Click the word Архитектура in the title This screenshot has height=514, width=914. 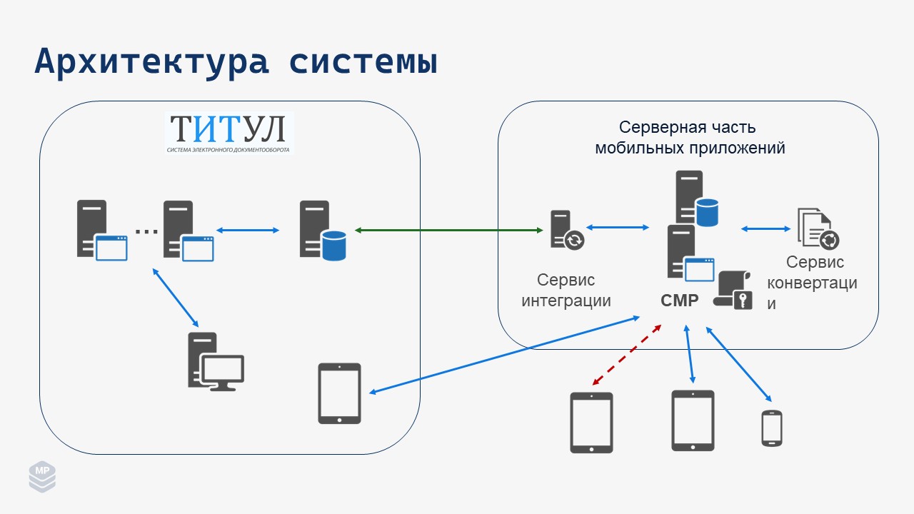(151, 61)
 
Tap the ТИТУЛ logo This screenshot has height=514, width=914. (228, 133)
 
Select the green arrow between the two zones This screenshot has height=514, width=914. (448, 230)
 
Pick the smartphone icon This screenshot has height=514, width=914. (772, 428)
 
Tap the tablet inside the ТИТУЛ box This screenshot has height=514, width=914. (339, 393)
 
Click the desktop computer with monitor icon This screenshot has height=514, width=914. (215, 361)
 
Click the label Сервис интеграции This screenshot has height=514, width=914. (566, 290)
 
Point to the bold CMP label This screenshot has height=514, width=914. (679, 301)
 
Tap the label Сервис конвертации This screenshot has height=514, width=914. (812, 283)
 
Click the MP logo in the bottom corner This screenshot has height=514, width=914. (42, 476)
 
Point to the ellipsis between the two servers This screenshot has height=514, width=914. (146, 231)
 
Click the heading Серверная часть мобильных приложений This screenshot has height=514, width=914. (690, 138)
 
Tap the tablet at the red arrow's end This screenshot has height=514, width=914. (591, 423)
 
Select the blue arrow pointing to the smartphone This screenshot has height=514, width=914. (739, 363)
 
